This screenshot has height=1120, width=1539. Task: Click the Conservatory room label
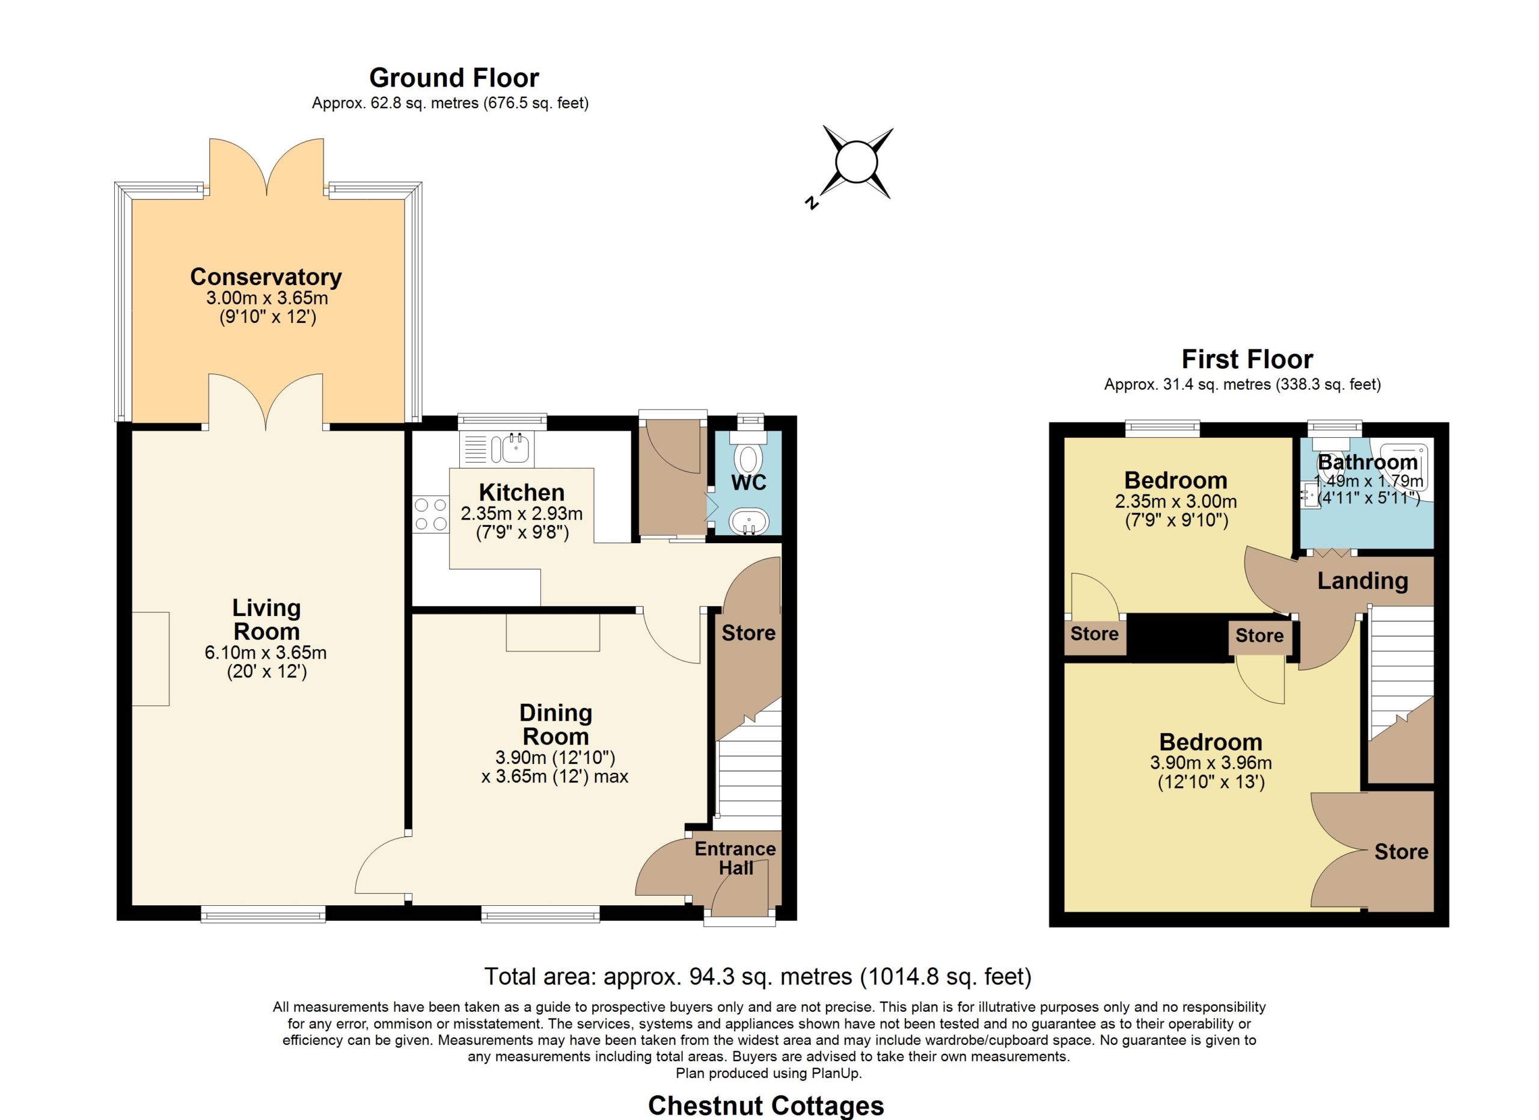tap(266, 277)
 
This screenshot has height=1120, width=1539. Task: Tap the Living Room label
tap(267, 620)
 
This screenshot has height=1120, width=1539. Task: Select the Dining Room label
tap(555, 725)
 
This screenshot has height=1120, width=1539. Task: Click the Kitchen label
tap(522, 492)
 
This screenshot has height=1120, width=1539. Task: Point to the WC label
tap(749, 482)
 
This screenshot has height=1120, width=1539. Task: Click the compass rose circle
tap(857, 163)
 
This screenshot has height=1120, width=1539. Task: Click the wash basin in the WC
tap(749, 522)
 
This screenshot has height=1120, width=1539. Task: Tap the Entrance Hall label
tap(736, 858)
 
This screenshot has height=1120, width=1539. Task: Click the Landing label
tap(1363, 581)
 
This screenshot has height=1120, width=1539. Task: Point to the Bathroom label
tap(1368, 462)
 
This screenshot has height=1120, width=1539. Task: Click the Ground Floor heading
tap(454, 78)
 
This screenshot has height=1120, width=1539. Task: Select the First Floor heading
tap(1247, 358)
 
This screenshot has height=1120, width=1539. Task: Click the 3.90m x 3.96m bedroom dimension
tap(1211, 763)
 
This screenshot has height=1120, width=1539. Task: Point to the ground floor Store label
tap(748, 633)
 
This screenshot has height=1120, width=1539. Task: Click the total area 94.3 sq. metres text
tap(758, 977)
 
